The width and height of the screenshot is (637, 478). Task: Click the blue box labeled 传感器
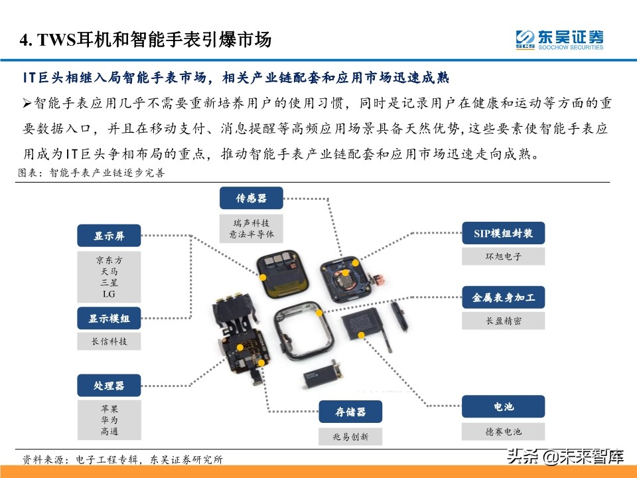tap(251, 198)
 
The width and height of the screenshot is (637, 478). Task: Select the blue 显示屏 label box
tap(109, 235)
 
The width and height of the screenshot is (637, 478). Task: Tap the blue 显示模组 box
tap(109, 319)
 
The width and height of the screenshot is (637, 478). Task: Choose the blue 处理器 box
tap(109, 385)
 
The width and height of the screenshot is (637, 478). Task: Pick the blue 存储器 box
tap(350, 412)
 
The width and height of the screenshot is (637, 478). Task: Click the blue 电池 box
tap(503, 406)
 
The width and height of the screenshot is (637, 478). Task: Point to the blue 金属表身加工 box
tap(503, 297)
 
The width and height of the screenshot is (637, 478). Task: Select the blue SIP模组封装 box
tap(503, 234)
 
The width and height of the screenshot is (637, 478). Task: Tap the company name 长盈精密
tap(503, 321)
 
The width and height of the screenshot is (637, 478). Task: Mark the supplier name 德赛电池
tap(503, 432)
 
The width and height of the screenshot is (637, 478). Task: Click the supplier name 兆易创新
tap(350, 436)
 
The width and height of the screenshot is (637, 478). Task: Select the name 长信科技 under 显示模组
tap(109, 342)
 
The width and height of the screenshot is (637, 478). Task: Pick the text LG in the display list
tap(109, 293)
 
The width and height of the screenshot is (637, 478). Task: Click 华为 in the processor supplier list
tap(109, 420)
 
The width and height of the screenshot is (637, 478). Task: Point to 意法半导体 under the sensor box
tap(251, 234)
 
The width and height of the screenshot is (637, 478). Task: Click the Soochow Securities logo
tap(559, 39)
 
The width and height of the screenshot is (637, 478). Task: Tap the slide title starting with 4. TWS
tap(145, 40)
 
